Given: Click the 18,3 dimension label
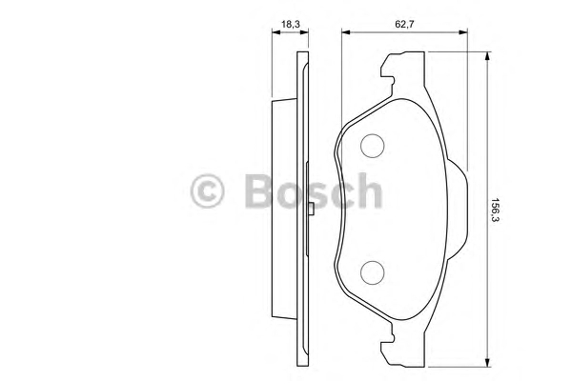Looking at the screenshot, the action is [x=291, y=25].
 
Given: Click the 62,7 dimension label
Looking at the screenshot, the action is [x=404, y=25].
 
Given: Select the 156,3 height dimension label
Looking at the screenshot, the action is [x=495, y=210].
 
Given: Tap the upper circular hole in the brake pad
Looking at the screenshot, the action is [x=372, y=146].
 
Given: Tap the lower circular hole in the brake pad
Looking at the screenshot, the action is [x=372, y=272].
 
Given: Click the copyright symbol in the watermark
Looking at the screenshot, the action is [x=207, y=191].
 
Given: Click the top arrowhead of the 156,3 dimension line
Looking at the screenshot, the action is [x=486, y=56].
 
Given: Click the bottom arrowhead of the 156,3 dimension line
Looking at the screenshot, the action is [x=486, y=362].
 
